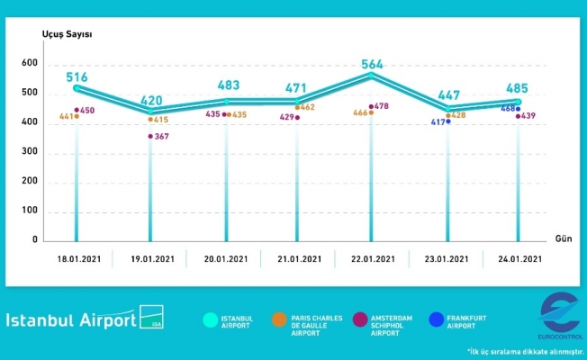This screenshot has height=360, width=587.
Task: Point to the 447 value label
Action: click(x=447, y=96)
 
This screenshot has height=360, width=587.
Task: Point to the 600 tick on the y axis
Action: click(x=30, y=64)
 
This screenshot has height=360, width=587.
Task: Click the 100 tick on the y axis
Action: click(x=30, y=211)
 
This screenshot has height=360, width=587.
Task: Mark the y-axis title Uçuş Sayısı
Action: click(x=67, y=34)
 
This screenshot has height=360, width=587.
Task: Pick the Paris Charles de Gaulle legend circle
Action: click(x=281, y=319)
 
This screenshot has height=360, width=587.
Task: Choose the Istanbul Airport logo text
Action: click(x=72, y=320)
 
